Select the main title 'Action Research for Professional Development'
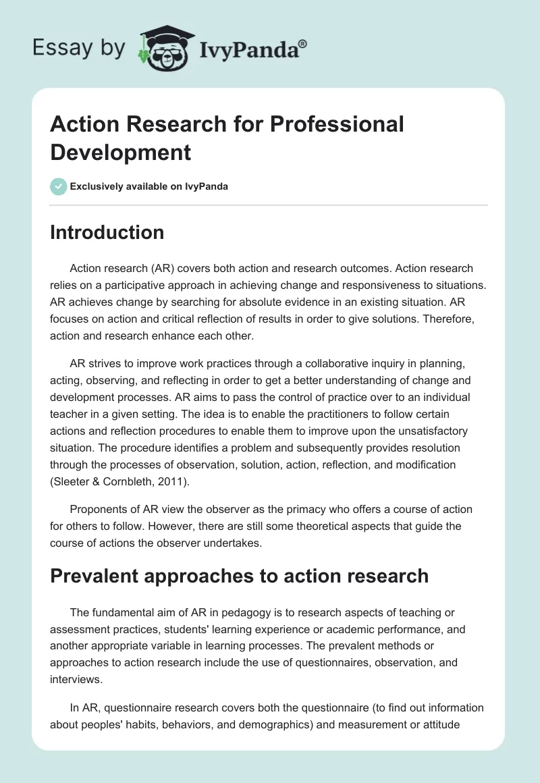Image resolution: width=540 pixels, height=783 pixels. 227,138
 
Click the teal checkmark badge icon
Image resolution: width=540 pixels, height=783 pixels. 59,186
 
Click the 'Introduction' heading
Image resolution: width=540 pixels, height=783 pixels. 107,232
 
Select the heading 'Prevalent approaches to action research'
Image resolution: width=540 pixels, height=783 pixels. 239,575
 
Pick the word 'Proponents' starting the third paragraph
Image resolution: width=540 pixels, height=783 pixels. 97,508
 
